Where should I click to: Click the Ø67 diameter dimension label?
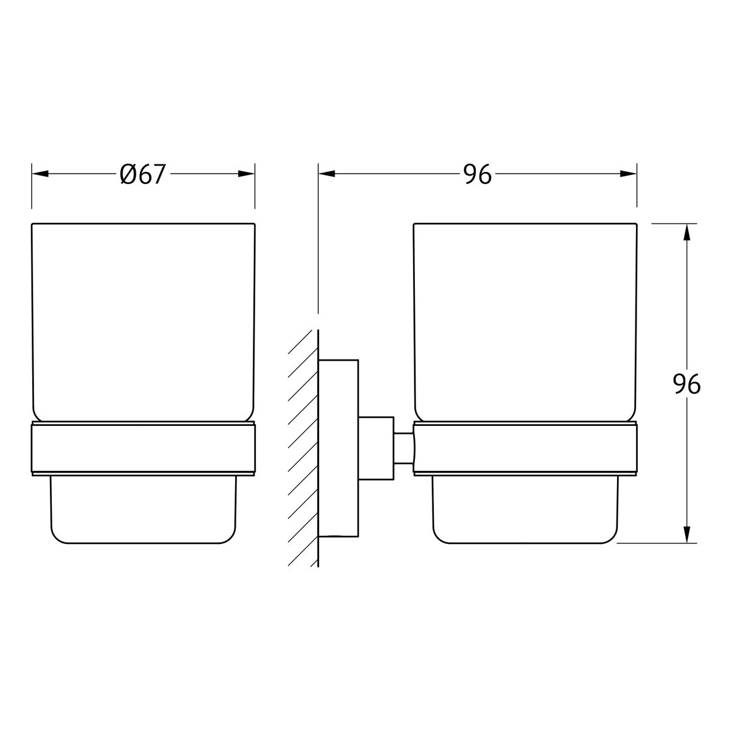click(x=143, y=174)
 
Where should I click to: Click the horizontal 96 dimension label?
click(x=478, y=174)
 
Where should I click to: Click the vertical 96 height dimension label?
click(x=687, y=384)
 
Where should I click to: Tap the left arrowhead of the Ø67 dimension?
click(x=40, y=174)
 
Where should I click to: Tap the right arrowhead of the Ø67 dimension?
click(x=246, y=174)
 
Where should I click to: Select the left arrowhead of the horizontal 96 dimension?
click(x=327, y=174)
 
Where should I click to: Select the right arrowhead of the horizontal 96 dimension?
click(x=628, y=174)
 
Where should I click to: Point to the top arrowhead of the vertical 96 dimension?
click(x=687, y=232)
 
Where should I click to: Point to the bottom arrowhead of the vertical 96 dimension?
click(x=687, y=534)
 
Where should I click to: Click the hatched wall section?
click(x=303, y=448)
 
